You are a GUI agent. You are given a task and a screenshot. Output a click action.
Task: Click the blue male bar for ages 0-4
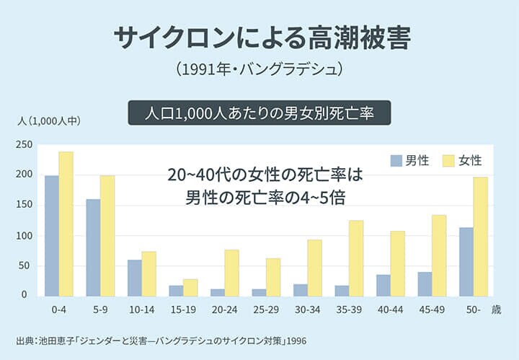52,235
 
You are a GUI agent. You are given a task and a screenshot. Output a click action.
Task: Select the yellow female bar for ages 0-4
66,224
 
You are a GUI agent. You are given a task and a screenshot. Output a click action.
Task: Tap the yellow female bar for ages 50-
481,236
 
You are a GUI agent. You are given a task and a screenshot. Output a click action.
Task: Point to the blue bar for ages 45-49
425,284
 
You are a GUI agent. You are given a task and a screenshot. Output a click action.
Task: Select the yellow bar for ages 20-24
231,272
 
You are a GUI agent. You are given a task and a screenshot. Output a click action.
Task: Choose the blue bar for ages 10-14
134,277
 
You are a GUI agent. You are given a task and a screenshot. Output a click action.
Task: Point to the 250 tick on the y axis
25,144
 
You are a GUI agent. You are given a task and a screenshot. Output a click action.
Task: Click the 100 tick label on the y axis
25,236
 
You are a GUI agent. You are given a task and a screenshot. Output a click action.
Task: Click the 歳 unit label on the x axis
495,309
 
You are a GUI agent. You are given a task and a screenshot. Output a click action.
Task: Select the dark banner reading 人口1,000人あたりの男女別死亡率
259,113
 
